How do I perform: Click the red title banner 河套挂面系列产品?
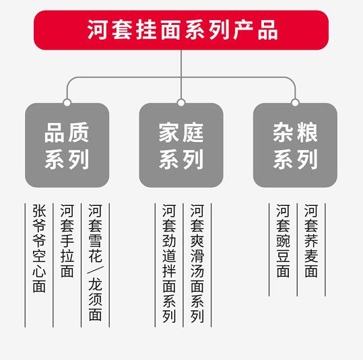[181, 30]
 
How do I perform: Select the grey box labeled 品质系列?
[67, 145]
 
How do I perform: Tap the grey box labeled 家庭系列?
[181, 145]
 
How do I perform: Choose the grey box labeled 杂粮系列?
[295, 145]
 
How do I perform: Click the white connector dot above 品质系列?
[67, 102]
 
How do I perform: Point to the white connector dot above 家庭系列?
[181, 102]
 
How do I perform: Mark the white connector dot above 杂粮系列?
[295, 102]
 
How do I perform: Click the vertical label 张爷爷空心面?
[39, 248]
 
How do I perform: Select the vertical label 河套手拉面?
[67, 241]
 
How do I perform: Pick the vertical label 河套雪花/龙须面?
[95, 262]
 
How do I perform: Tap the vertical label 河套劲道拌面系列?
[169, 263]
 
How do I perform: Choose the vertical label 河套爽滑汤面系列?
[197, 263]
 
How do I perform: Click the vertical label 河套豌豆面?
[283, 241]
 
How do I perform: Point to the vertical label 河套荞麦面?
[311, 241]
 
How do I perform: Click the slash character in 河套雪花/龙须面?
[95, 270]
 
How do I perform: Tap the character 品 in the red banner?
[268, 30]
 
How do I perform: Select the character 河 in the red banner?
[97, 30]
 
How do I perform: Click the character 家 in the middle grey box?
[169, 133]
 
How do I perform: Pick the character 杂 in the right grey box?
[284, 133]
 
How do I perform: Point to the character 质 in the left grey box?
[79, 133]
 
